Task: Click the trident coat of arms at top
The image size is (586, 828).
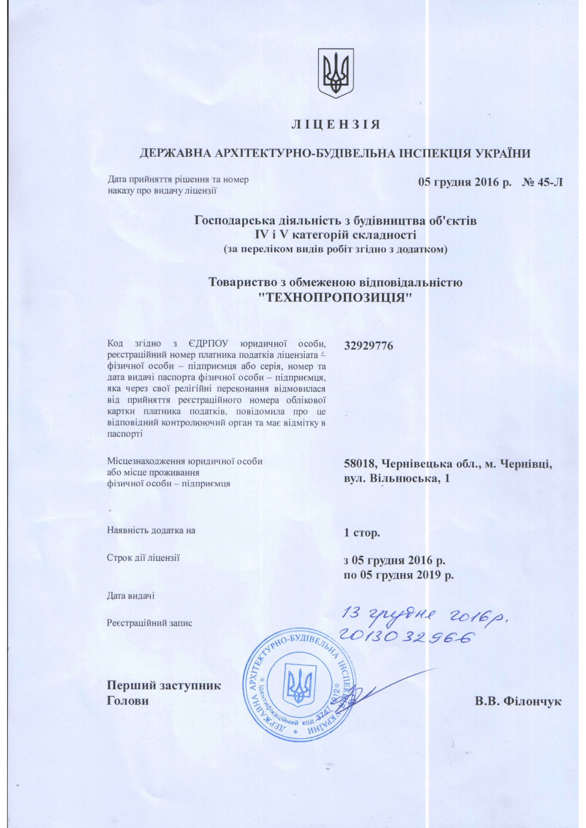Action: pos(336,73)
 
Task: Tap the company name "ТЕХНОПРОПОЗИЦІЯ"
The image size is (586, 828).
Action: pos(336,297)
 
